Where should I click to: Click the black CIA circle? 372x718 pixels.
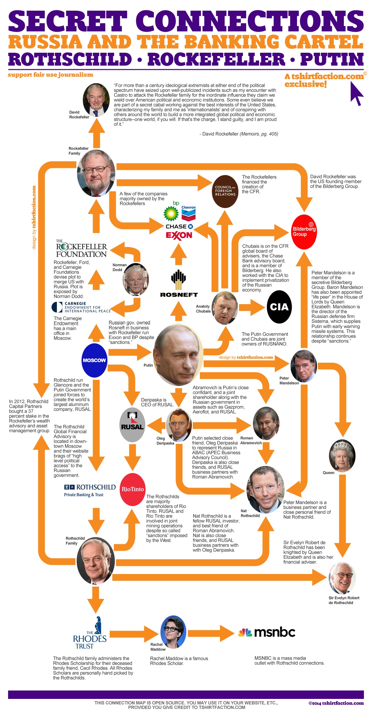[x=279, y=307]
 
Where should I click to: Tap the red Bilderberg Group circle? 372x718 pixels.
[x=304, y=232]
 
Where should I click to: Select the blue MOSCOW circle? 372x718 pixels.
[x=94, y=360]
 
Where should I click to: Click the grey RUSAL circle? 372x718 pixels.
[x=132, y=425]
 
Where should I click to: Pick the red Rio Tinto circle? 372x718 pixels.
[x=132, y=489]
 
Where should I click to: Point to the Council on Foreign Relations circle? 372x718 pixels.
[x=225, y=191]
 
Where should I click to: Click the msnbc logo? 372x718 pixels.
[x=267, y=632]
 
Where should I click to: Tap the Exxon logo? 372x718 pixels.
[x=179, y=236]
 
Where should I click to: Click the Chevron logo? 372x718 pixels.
[x=189, y=212]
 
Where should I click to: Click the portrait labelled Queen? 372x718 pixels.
[x=342, y=455]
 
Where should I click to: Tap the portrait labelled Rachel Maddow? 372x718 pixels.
[x=173, y=631]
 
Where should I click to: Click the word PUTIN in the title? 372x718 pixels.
[x=332, y=59]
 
